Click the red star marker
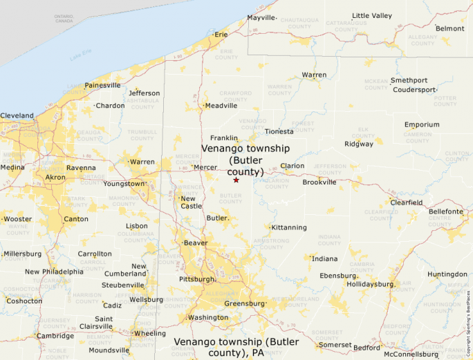pos(236,180)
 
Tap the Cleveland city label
pos(17,115)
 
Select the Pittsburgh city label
pos(196,279)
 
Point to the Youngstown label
pos(124,184)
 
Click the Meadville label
pos(221,106)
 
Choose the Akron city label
pos(55,178)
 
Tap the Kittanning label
pos(289,227)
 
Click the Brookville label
pos(319,182)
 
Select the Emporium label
pos(422,124)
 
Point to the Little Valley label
pos(371,15)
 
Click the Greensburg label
pos(245,303)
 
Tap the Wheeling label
pos(150,333)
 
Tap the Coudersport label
pos(414,90)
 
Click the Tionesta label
pos(279,131)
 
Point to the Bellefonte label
pos(446,211)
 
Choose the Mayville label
pos(261,17)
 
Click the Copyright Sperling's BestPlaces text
pos(468,319)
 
